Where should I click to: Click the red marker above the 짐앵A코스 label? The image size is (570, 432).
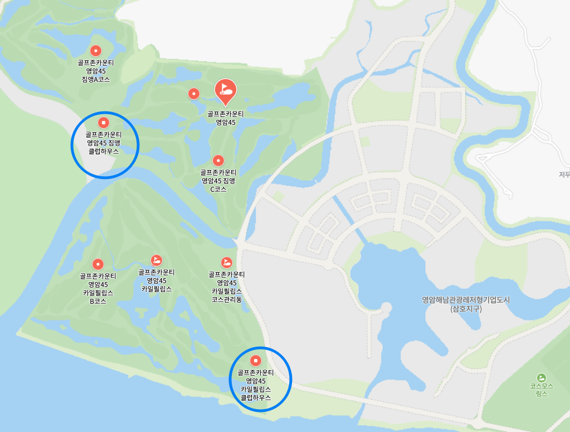95,51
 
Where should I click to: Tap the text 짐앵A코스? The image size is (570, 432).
96,80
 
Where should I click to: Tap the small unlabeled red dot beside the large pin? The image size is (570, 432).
193,94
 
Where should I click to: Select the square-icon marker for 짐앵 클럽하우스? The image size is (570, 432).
103,122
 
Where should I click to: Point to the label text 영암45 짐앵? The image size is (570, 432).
104,143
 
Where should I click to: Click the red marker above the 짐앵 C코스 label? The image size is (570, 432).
218,160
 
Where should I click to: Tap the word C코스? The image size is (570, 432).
218,189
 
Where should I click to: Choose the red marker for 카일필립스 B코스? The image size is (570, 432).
98,264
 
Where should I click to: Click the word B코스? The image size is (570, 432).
98,301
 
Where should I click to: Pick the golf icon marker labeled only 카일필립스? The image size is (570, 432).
157,260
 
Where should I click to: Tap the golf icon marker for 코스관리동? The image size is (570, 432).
227,262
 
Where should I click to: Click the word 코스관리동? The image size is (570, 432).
227,299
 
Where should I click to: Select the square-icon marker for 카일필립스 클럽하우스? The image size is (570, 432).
256,360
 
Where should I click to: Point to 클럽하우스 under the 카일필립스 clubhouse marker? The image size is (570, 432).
256,398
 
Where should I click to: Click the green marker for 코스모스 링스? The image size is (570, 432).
541,377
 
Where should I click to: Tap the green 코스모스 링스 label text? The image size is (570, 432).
541,390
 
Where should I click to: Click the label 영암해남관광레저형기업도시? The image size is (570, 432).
466,300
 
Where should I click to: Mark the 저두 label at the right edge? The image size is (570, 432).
564,174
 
